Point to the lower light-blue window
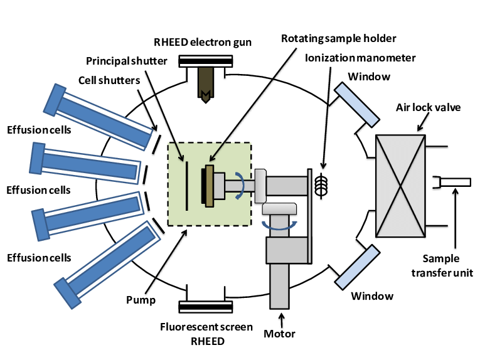pyautogui.click(x=357, y=262)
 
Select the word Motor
pyautogui.click(x=280, y=333)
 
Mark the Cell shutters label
pyautogui.click(x=109, y=80)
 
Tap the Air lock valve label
pyautogui.click(x=428, y=107)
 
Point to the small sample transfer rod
pyautogui.click(x=456, y=183)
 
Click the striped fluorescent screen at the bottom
pyautogui.click(x=203, y=307)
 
